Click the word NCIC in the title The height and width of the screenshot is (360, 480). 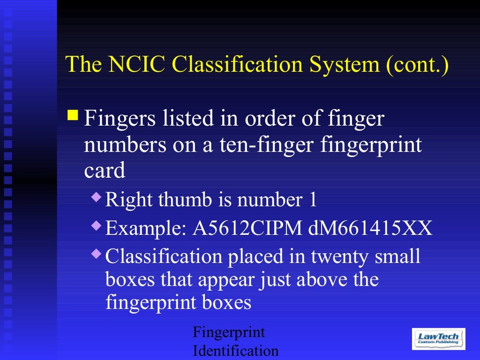click(x=136, y=64)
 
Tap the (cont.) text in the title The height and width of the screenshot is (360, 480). click(x=417, y=65)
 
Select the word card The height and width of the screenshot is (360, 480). click(x=105, y=171)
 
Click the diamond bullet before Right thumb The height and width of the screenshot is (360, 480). click(x=96, y=196)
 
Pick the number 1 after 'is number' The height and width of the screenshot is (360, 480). click(x=313, y=200)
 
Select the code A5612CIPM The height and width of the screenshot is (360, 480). click(x=248, y=229)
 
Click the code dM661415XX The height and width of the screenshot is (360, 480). click(x=370, y=229)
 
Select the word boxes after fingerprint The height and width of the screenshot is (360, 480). click(x=227, y=302)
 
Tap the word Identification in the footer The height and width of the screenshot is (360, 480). click(x=236, y=351)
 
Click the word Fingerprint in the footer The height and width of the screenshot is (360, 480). click(x=229, y=333)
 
